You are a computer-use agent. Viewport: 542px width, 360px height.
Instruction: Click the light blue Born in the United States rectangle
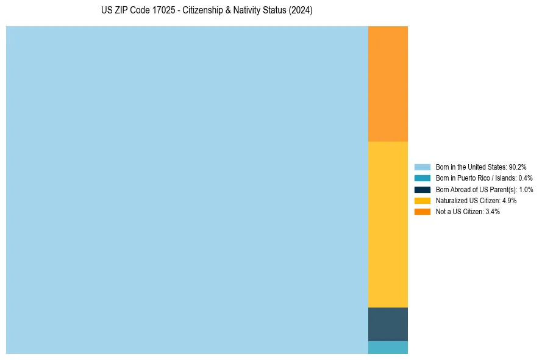coord(187,190)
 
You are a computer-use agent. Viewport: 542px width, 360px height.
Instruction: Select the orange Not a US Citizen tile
coord(388,84)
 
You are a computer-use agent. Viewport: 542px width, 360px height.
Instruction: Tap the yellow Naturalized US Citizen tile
coord(388,224)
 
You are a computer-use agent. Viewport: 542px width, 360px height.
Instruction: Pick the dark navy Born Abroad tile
coord(388,324)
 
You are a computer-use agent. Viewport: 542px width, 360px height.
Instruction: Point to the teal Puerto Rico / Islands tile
coord(388,347)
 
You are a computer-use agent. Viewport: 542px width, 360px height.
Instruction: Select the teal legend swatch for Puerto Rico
coord(423,178)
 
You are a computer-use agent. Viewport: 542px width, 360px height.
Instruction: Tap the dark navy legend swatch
coord(423,189)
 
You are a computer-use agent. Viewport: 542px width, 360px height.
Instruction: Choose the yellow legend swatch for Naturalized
coord(423,200)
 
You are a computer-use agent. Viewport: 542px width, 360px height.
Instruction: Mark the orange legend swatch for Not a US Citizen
coord(423,211)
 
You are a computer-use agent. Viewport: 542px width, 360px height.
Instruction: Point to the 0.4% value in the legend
coord(525,178)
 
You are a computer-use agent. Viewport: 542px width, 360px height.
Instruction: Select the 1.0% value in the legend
coord(526,189)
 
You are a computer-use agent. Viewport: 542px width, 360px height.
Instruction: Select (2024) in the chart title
coord(300,11)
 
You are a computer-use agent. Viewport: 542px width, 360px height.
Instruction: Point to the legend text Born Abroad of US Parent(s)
coord(472,189)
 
